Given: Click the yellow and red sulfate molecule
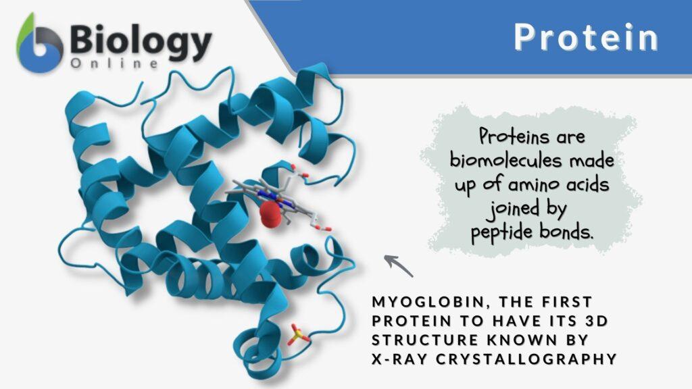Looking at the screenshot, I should (297, 334).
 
